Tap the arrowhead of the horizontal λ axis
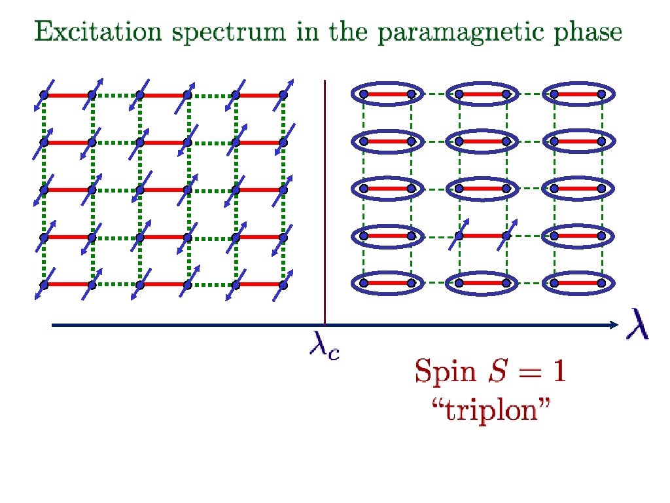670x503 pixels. (613, 325)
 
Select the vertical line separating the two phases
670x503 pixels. (325, 196)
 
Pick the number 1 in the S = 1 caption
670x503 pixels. (557, 373)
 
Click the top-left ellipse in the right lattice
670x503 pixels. (387, 94)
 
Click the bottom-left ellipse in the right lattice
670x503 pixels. (387, 283)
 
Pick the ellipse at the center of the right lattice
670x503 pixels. (482, 189)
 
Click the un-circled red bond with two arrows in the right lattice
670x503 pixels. (482, 236)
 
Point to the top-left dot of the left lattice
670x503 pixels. (44, 95)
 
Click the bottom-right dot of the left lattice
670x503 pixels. (283, 285)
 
